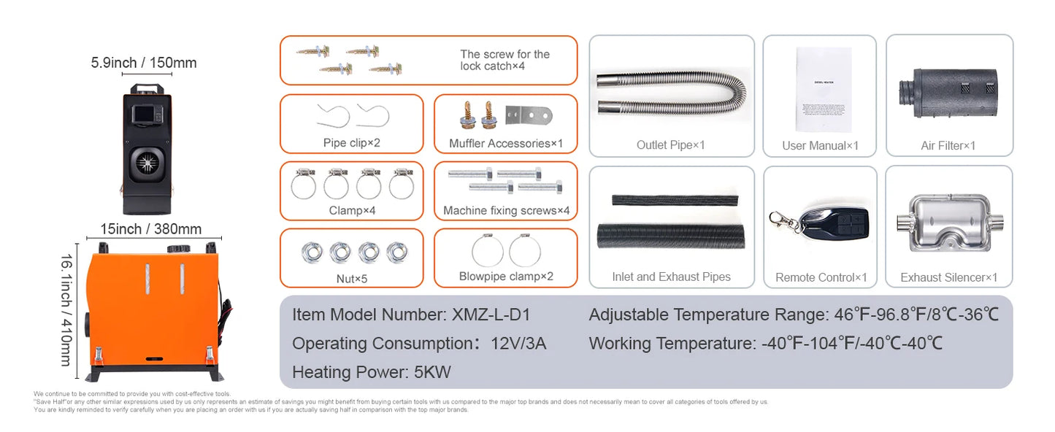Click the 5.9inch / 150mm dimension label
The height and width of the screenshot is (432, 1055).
144,63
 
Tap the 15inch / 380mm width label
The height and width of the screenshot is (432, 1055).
150,229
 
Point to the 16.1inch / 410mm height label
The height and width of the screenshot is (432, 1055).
66,310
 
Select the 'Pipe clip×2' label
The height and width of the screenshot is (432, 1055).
351,143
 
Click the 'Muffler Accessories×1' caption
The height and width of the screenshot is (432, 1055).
505,143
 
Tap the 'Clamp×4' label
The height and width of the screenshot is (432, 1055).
351,210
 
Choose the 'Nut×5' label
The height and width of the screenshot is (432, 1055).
351,278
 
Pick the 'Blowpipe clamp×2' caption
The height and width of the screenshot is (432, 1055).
505,277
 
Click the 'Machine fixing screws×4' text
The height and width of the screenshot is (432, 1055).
505,211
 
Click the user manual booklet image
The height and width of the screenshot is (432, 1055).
823,89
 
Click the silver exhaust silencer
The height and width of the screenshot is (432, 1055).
948,223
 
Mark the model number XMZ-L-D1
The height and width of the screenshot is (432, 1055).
491,315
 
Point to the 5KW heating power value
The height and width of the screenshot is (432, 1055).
432,372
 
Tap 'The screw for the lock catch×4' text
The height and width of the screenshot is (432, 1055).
505,60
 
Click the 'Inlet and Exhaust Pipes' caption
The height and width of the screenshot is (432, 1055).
671,277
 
